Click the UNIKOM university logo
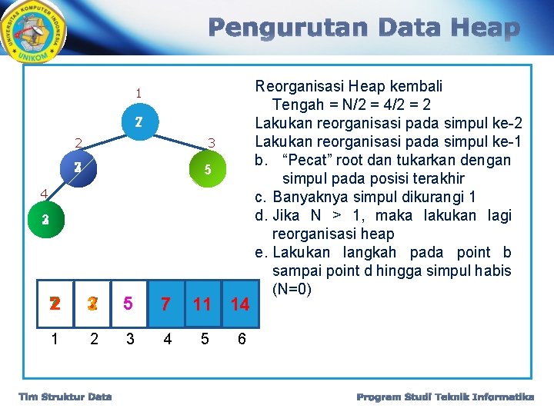click(35, 33)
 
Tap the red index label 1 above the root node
click(138, 94)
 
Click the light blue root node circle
click(138, 122)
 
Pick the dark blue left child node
click(78, 168)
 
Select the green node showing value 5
click(208, 169)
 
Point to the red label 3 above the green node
click(212, 142)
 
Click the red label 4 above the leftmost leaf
click(45, 194)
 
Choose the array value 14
click(240, 304)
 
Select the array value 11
click(202, 304)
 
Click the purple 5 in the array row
click(128, 304)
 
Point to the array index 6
click(242, 339)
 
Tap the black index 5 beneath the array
click(204, 339)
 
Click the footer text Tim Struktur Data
click(65, 397)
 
